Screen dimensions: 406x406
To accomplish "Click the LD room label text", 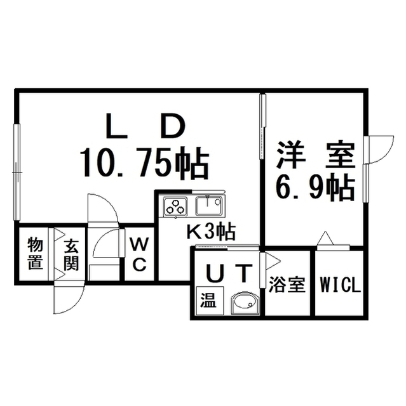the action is [146, 126].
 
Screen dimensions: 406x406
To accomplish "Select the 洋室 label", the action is [315, 155].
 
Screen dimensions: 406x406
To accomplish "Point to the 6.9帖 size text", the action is [315, 188].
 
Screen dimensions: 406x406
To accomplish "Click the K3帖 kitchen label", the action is [212, 231].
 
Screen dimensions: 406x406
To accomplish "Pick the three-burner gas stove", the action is [175, 207].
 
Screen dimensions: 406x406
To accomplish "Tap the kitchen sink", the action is [208, 206].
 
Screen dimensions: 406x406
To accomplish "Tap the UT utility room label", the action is [228, 273].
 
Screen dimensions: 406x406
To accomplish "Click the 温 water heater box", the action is [210, 301].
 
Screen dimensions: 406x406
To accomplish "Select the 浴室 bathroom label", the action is [287, 285].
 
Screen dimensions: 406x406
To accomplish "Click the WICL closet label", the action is [341, 285].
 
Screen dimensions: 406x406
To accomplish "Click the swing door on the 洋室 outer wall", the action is [379, 150].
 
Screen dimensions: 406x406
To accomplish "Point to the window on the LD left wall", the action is [17, 172].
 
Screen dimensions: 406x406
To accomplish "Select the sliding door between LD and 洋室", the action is [263, 127].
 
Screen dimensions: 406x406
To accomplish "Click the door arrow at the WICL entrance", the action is [325, 238].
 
